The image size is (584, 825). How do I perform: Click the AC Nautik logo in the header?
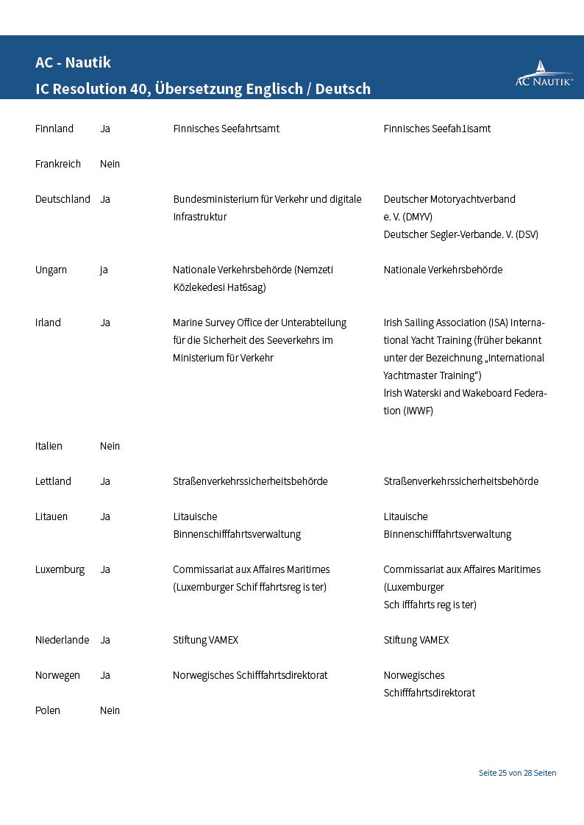(544, 74)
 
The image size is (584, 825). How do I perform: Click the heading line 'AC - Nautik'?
(73, 62)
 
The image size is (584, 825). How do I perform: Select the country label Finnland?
(54, 129)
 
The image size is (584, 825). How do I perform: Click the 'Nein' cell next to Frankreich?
(110, 164)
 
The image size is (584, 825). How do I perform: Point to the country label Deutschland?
(63, 199)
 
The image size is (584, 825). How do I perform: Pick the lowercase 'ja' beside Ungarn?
(104, 270)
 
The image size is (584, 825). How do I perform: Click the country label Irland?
(48, 323)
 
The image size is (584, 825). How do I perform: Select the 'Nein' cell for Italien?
(110, 446)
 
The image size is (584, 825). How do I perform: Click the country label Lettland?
(53, 481)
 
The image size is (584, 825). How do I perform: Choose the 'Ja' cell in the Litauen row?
(105, 516)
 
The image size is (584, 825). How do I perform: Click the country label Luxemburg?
(60, 569)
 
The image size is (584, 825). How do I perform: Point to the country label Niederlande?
(62, 640)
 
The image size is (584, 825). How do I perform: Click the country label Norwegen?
(57, 675)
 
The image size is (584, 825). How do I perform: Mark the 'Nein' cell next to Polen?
(110, 710)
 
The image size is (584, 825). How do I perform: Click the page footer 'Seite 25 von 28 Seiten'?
(517, 773)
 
